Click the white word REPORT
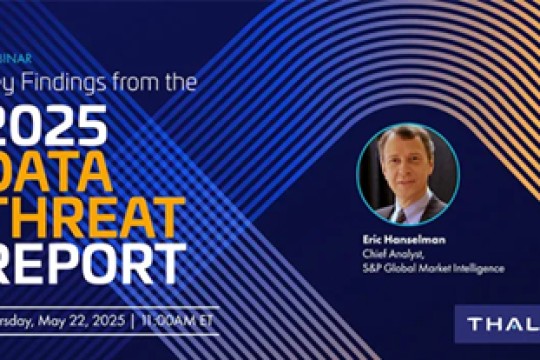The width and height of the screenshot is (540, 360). point(90,264)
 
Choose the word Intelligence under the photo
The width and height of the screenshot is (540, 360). point(479,267)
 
